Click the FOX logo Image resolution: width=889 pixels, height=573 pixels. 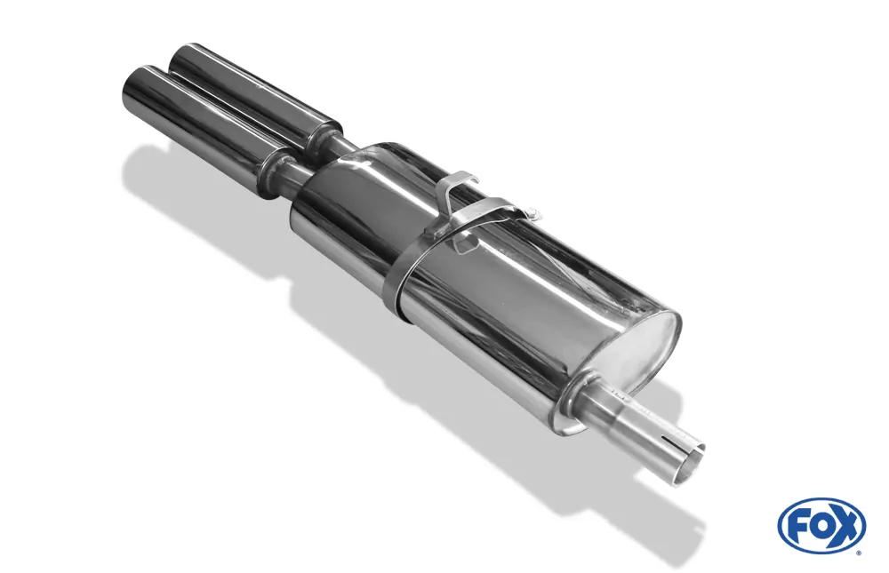821,526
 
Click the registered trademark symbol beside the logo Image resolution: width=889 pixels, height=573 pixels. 858,553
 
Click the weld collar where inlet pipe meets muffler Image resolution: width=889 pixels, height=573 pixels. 582,400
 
